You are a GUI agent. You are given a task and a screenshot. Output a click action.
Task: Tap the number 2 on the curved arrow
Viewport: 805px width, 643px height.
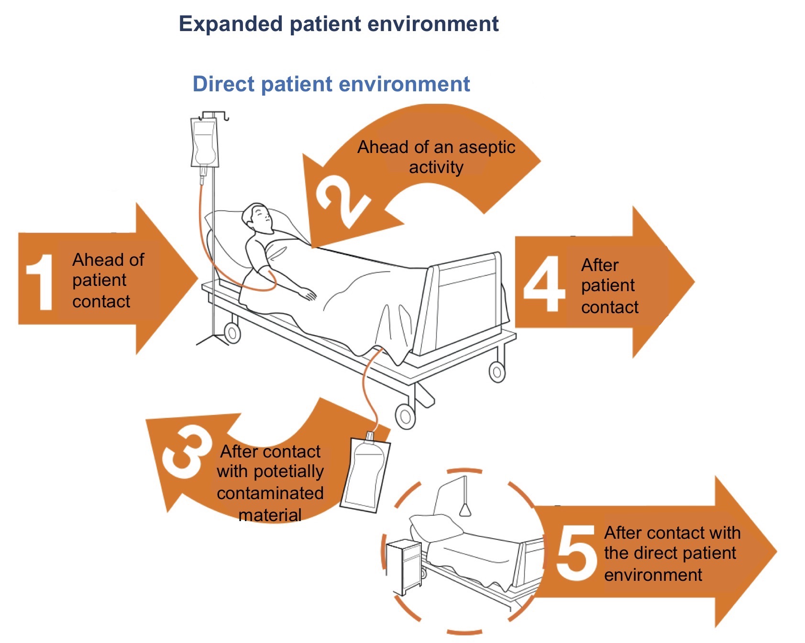coord(342,201)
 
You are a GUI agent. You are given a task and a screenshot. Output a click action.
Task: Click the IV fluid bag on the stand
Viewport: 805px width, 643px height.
coord(205,142)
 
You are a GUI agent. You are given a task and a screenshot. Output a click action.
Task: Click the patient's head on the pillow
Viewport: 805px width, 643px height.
coord(257,218)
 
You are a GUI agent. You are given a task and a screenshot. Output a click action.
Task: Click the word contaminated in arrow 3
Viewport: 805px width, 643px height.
coord(270,493)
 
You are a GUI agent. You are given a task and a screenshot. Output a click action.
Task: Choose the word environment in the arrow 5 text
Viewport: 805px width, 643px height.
coord(653,575)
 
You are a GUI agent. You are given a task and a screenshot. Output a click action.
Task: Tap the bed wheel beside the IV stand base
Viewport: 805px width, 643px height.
coord(232,333)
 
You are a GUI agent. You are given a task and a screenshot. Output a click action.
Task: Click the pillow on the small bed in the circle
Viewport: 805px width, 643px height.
coord(435,526)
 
